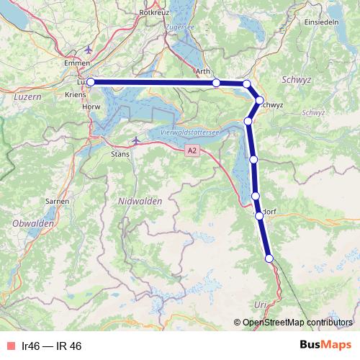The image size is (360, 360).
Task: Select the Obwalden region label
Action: [34, 224]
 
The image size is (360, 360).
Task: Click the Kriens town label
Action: [75, 94]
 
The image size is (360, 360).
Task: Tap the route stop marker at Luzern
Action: [90, 83]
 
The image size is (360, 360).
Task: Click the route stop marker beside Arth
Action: [216, 84]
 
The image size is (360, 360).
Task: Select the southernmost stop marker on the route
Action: [269, 258]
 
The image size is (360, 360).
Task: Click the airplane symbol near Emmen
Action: [89, 50]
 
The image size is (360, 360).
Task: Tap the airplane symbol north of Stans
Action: [137, 140]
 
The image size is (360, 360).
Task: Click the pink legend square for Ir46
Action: [9, 346]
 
